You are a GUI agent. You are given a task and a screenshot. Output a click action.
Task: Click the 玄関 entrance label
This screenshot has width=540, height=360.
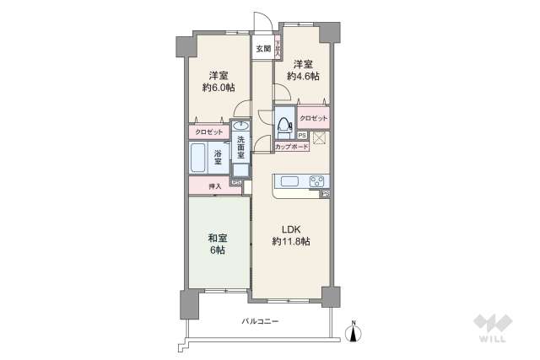click(x=262, y=49)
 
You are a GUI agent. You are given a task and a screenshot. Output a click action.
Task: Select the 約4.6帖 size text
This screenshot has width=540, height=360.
click(x=304, y=76)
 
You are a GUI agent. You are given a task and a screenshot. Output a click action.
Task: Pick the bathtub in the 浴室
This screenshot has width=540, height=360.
click(x=199, y=159)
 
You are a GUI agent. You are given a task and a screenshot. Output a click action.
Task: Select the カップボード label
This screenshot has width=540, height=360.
click(x=292, y=146)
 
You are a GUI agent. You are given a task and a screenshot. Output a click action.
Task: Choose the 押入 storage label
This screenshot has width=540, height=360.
click(x=214, y=185)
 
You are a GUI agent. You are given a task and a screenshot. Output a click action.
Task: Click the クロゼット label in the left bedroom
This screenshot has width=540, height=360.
click(x=208, y=132)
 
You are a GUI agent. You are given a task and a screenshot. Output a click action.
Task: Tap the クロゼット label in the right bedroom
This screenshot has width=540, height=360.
click(x=313, y=119)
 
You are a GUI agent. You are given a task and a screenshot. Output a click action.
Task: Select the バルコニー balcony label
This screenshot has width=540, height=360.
click(x=260, y=321)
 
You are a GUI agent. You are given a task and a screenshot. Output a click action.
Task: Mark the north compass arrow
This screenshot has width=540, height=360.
click(x=355, y=333)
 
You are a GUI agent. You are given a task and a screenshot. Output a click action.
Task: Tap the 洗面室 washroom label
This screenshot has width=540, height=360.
click(x=240, y=148)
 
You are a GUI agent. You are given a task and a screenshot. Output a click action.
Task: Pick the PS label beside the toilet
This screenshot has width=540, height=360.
click(x=302, y=134)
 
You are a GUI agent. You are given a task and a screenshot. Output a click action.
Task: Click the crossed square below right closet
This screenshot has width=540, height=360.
click(x=321, y=139)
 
